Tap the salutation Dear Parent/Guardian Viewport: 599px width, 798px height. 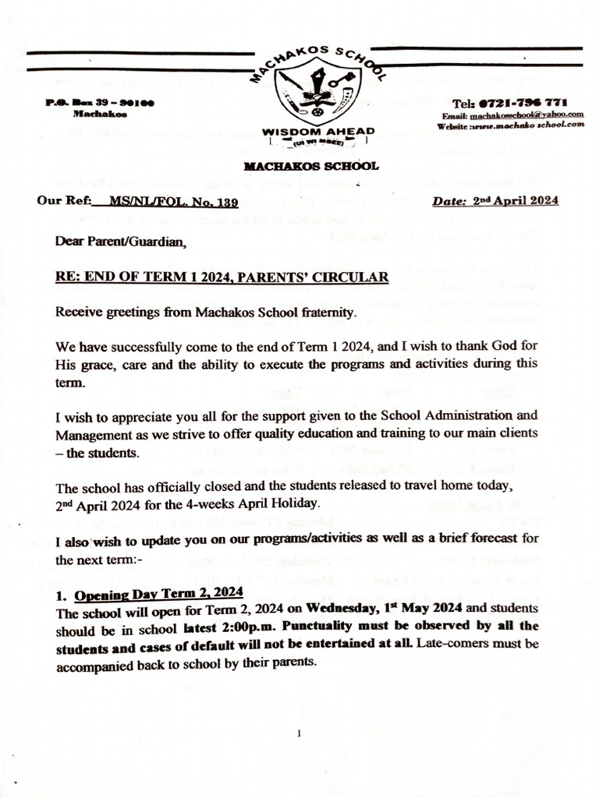[x=121, y=242]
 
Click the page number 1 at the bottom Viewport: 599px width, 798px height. [x=299, y=733]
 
